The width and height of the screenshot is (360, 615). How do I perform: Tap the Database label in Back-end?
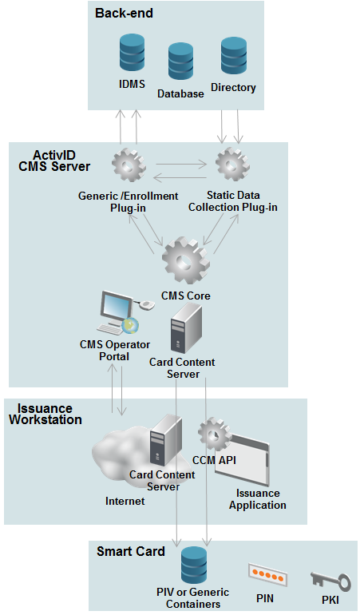point(180,93)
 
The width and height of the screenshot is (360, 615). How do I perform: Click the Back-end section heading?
point(124,14)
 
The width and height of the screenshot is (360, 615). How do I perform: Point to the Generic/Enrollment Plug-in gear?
point(129,165)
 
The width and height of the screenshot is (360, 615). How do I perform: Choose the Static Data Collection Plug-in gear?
point(232,165)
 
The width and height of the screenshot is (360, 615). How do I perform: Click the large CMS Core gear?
point(185,260)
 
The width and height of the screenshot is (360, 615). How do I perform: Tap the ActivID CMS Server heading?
point(54,161)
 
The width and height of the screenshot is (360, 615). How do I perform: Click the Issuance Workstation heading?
point(45,414)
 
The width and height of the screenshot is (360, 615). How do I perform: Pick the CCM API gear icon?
point(214,434)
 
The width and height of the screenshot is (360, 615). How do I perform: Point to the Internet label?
point(125,502)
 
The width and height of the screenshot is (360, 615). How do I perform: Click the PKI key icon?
point(330,581)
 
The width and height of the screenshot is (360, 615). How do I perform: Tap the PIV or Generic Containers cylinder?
point(194,565)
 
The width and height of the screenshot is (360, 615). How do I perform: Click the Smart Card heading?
point(131,551)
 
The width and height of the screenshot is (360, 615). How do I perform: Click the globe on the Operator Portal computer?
point(130,325)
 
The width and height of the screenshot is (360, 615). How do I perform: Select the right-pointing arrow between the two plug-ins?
point(180,165)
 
